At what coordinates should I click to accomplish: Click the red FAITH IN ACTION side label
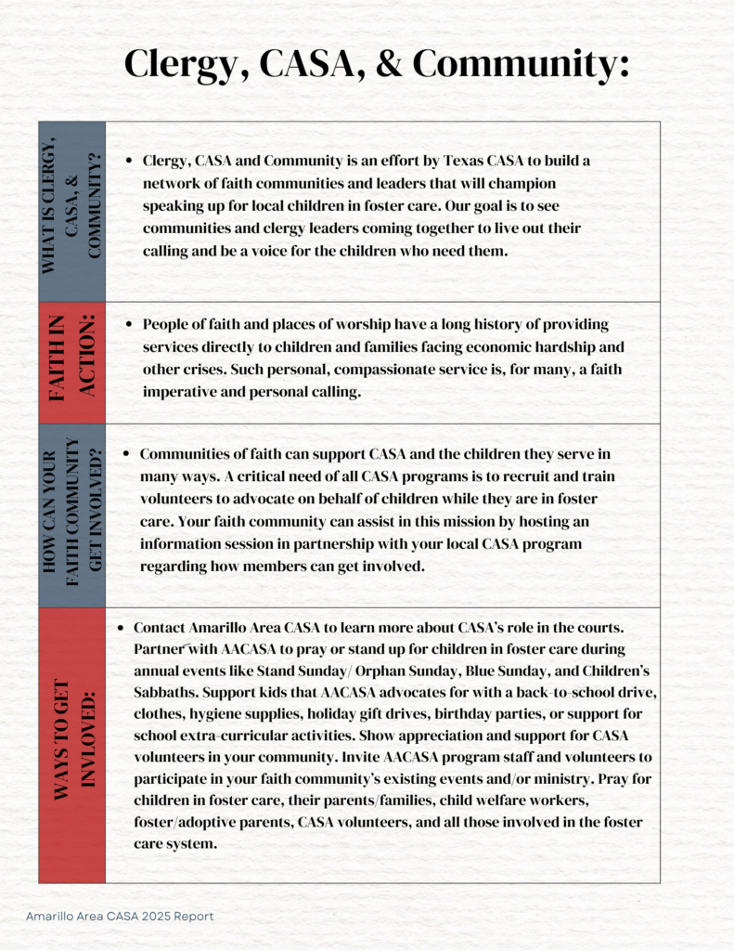tap(71, 362)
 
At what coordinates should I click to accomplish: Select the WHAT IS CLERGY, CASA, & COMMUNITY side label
tap(71, 212)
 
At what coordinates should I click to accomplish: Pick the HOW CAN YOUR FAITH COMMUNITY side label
tap(71, 515)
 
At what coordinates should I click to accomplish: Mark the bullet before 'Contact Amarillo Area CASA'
tap(121, 628)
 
